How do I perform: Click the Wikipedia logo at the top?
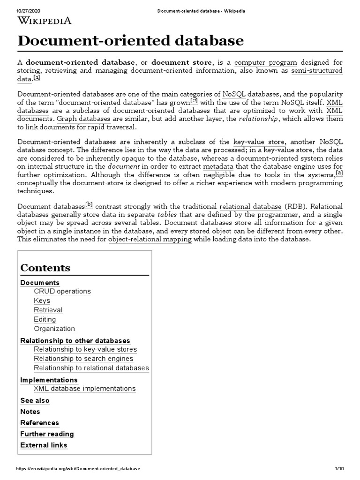pos(45,20)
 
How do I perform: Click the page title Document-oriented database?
pos(131,41)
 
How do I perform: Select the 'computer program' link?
pos(266,62)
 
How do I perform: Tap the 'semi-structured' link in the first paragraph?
pos(317,71)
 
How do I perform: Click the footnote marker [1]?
pos(37,78)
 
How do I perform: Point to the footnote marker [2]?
pos(195,101)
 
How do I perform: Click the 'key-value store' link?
pos(258,142)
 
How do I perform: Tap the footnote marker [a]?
pos(340,173)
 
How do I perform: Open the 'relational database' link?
pos(250,207)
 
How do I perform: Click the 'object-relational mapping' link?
pos(150,239)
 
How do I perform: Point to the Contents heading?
pos(45,268)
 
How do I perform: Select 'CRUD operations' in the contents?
pos(62,291)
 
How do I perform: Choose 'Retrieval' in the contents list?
pos(48,310)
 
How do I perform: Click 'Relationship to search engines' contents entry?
pos(83,359)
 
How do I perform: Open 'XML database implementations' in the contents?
pos(85,389)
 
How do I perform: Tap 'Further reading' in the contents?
pos(47,434)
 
